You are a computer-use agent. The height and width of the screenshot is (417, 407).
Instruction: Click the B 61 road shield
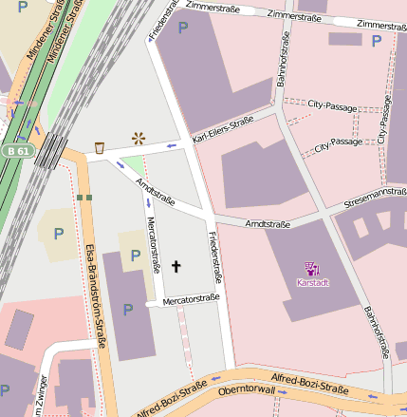point(16,150)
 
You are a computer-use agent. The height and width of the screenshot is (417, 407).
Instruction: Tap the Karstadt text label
point(312,282)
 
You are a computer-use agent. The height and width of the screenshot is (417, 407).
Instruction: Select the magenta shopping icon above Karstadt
point(312,268)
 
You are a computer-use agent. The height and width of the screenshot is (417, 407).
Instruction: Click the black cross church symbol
point(175,267)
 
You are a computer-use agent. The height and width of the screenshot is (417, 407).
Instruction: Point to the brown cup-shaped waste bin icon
point(100,147)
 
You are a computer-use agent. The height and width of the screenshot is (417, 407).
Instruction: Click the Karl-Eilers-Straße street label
point(223,129)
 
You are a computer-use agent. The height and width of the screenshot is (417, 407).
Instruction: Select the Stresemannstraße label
point(375,194)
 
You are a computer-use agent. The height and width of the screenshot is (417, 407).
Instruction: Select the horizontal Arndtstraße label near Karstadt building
point(268,224)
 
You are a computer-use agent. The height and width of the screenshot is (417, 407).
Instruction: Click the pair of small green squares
point(84,198)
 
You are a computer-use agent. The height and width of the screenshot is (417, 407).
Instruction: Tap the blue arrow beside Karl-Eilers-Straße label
point(172,145)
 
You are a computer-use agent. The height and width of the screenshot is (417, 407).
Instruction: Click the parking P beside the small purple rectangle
point(377,41)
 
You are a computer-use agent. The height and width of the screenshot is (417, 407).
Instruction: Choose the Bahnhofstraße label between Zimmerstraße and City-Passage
point(283,61)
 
